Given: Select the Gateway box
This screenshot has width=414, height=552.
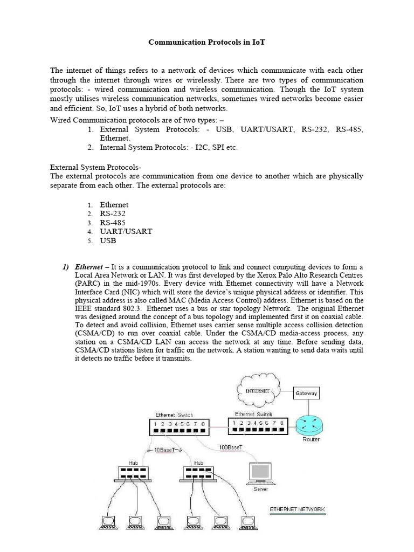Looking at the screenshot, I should pos(306,393).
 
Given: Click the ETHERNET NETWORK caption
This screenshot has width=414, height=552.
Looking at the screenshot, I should pos(297,509).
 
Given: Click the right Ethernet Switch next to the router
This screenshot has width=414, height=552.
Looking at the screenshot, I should pos(257,426).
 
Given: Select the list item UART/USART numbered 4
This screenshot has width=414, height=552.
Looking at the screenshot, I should pos(126,231).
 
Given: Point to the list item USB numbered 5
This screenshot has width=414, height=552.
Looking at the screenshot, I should pos(108,240).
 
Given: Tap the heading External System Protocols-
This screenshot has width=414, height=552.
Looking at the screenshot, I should pos(95,167).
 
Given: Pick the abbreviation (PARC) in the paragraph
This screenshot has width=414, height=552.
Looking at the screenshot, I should pos(87,284).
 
